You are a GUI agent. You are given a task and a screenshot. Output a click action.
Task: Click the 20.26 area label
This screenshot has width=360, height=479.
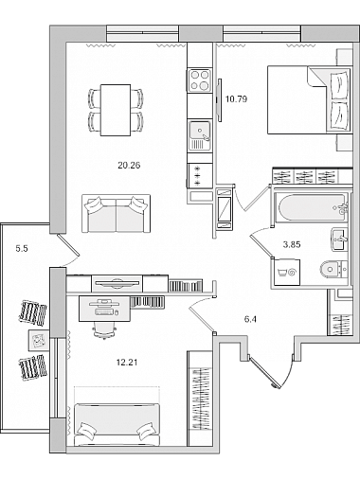coord(129,165)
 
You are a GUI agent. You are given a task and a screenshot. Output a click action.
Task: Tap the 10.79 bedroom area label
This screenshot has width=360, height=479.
coord(236,99)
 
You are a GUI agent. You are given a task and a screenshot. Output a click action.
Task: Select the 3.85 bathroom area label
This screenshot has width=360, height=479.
coord(292,244)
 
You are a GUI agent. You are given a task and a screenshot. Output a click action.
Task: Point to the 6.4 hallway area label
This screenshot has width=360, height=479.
coord(250,319)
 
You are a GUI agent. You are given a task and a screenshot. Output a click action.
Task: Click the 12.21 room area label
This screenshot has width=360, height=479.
coord(127,363)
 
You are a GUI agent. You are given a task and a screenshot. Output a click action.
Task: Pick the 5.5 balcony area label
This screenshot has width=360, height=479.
coord(22,249)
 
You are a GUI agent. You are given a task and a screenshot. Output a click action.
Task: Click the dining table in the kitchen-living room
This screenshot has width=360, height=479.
coord(116,110)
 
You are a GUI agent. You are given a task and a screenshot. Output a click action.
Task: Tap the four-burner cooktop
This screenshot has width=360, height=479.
coord(200,80)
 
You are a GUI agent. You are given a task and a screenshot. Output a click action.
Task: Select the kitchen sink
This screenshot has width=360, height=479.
coord(200,135)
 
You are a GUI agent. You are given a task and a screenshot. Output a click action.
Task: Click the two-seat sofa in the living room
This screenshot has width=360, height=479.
coord(117,214)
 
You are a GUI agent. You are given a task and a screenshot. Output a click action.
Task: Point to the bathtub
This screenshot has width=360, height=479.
coord(312,207)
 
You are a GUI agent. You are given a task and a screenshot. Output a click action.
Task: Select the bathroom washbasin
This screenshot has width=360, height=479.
coord(340,239)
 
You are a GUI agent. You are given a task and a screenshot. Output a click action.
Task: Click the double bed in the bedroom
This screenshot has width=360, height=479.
coord(310,99)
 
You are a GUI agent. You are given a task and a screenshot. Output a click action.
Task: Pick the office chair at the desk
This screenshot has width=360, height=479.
coord(104,330)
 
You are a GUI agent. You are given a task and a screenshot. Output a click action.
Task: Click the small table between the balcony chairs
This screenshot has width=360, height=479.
coord(39,340)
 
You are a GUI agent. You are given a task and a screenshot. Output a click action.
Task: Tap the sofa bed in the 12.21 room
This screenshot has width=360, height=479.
coord(117,424)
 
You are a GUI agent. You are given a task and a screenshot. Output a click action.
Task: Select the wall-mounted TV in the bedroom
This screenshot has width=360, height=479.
coord(219,99)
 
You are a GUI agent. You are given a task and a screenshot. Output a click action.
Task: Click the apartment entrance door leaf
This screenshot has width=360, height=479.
coord(264,371)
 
